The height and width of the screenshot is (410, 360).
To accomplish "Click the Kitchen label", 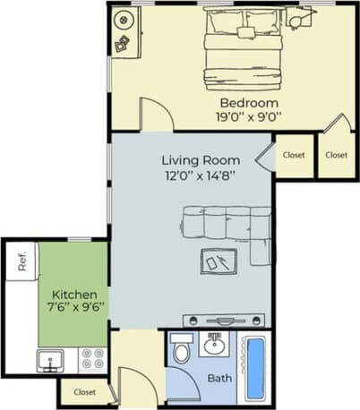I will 73,295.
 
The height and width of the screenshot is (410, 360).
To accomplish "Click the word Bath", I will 219,379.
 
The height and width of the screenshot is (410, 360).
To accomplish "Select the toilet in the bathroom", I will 181,348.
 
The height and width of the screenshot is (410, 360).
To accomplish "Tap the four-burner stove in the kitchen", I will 93,359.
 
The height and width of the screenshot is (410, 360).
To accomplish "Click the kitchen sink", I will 49,360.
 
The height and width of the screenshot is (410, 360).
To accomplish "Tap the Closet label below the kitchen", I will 85,392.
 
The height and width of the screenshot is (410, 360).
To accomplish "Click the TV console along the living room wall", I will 226,320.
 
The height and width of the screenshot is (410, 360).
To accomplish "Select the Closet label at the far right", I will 336,155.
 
